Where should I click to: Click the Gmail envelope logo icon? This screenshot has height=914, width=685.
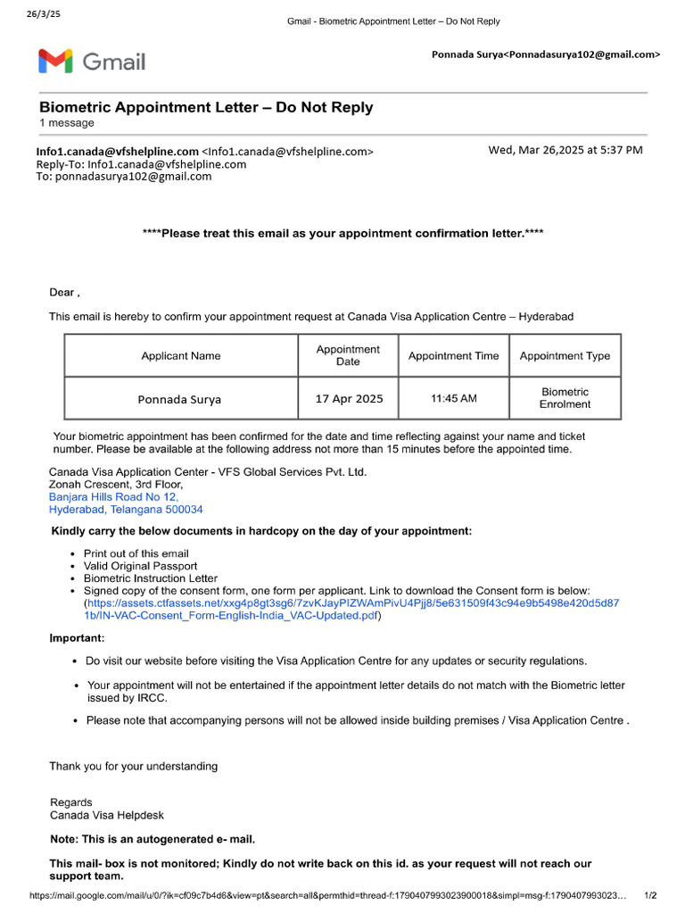[x=54, y=61]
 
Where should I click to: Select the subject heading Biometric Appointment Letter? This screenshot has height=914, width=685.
[x=206, y=108]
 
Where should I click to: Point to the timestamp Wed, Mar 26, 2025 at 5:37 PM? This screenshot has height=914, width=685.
[x=565, y=150]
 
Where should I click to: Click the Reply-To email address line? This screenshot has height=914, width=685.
[x=141, y=164]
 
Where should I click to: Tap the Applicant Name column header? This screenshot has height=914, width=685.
[x=181, y=355]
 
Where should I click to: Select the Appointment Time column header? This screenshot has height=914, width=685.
[x=453, y=355]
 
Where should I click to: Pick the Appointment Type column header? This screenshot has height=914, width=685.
[x=565, y=355]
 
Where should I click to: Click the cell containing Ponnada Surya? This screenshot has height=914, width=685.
[x=179, y=399]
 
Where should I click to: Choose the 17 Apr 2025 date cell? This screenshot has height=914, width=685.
[x=349, y=399]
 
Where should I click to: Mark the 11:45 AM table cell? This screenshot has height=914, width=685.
[x=453, y=398]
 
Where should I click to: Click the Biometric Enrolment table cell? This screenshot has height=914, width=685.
[x=565, y=398]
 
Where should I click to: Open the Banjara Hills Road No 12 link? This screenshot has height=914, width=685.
[x=113, y=497]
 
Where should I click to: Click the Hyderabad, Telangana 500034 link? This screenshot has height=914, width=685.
[x=126, y=510]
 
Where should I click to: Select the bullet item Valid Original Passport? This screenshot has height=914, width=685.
[x=140, y=566]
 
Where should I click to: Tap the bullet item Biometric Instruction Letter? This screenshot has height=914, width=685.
[x=150, y=578]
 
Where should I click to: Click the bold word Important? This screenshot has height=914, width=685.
[x=77, y=638]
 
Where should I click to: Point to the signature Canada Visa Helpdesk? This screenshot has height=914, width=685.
[x=107, y=815]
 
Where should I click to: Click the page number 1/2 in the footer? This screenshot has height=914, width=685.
[x=650, y=895]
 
